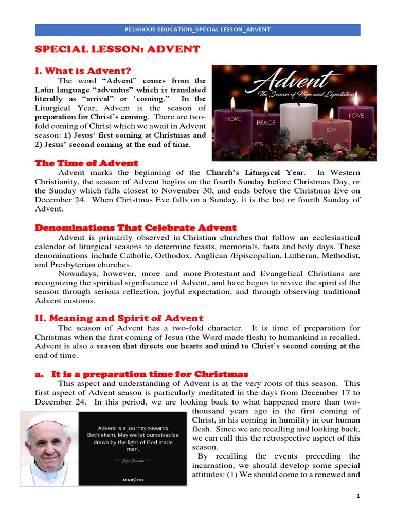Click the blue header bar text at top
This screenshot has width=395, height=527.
(x=197, y=29)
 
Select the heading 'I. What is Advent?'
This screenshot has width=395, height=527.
(x=83, y=70)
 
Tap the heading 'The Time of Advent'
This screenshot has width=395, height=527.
(x=86, y=163)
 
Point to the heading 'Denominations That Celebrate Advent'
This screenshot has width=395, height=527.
(x=135, y=227)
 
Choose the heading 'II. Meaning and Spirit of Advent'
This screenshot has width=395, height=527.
(x=119, y=318)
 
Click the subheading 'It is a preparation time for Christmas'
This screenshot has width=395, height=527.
(x=141, y=374)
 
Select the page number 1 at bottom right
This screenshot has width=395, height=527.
(x=358, y=496)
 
